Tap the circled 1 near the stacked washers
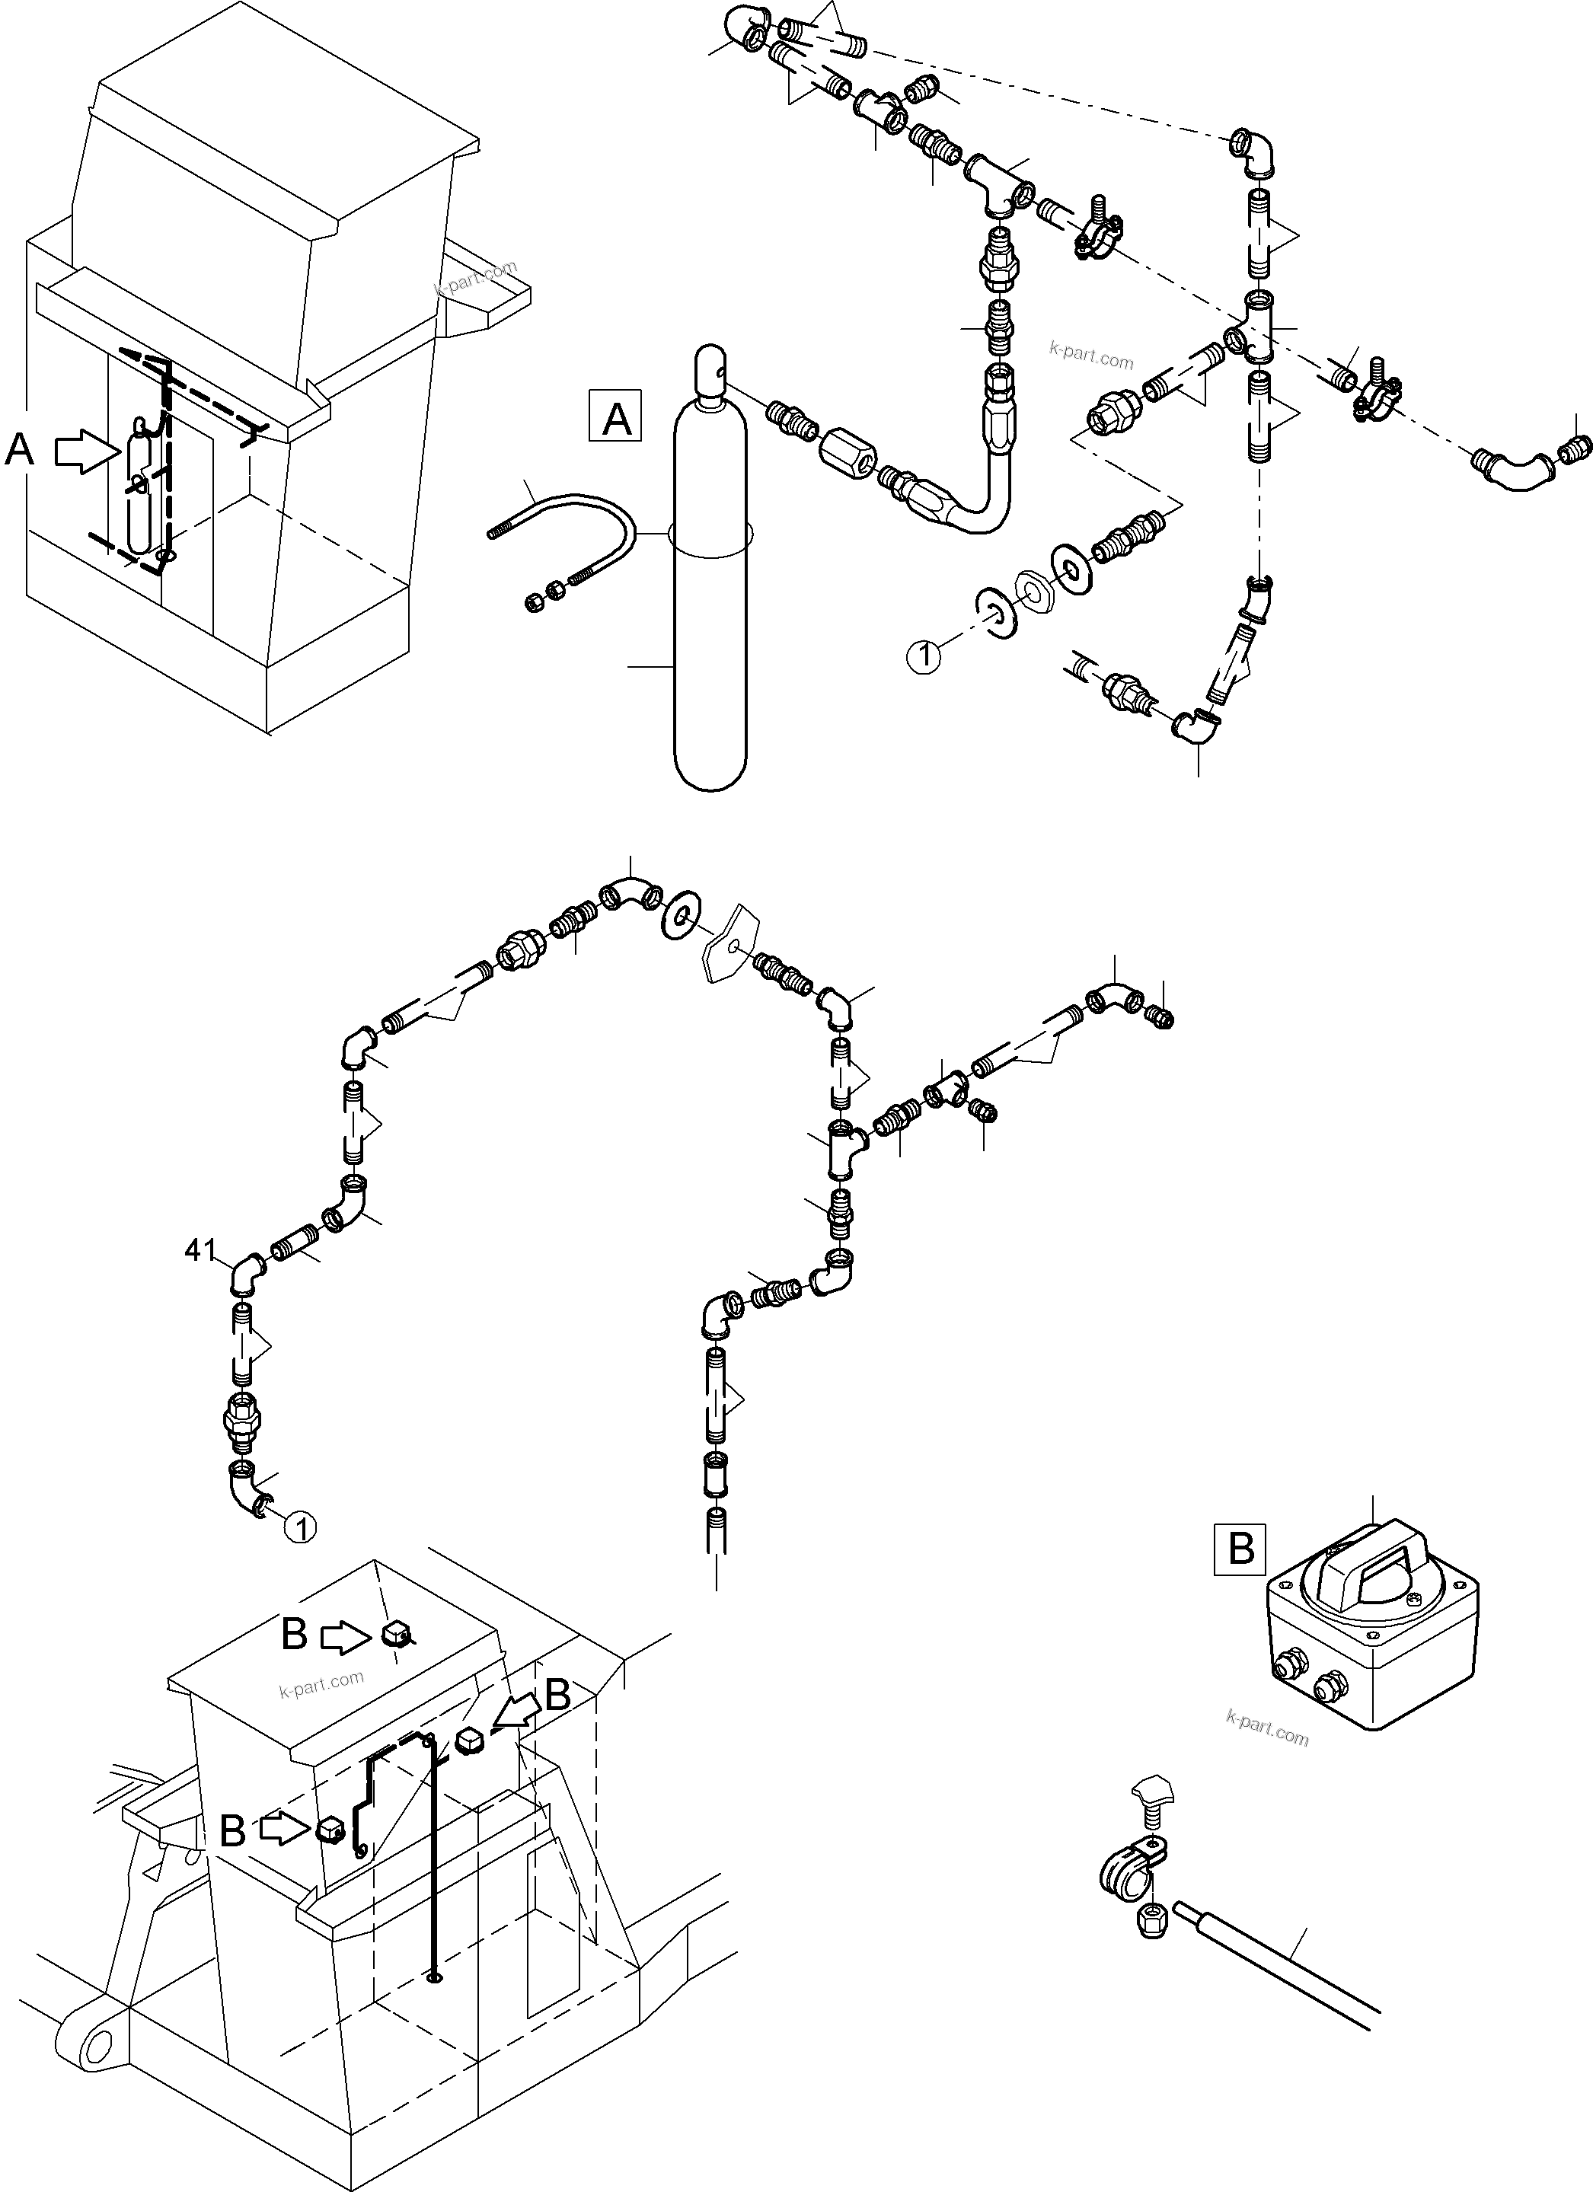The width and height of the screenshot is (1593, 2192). (x=923, y=657)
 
